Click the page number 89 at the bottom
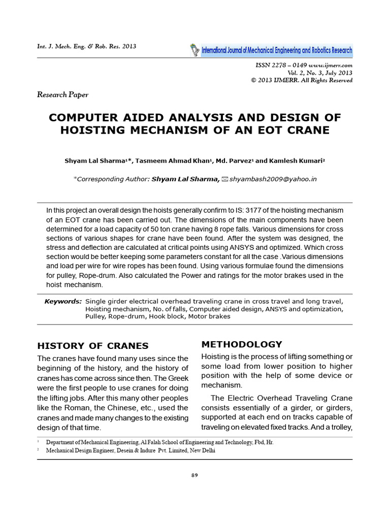point(195,475)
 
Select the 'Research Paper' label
point(63,94)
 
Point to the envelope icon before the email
point(225,179)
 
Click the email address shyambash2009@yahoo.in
point(273,179)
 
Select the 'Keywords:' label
point(63,301)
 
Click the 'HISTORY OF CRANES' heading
point(93,346)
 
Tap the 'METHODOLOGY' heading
point(242,344)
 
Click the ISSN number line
point(304,66)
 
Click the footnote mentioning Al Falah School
point(159,442)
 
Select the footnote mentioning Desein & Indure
point(131,450)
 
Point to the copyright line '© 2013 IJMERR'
point(302,80)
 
